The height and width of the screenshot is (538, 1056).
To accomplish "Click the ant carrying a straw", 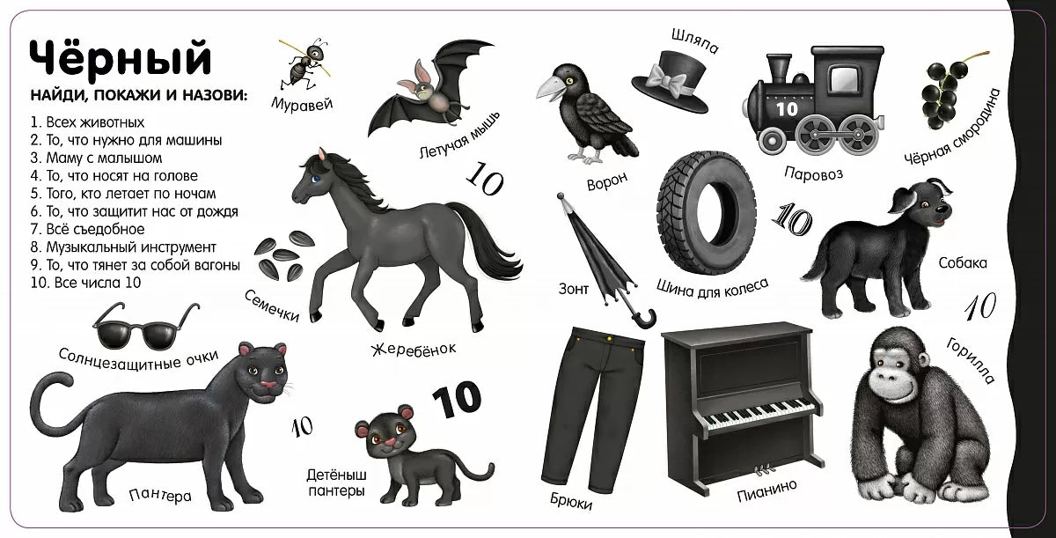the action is pos(304,65).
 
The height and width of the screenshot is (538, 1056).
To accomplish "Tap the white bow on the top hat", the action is pos(668,79).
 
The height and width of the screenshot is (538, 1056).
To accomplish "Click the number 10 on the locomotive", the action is pos(787,109).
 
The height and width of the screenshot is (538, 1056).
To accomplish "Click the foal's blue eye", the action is pos(315,179).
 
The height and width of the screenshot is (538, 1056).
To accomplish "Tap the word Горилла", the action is pos(970,361).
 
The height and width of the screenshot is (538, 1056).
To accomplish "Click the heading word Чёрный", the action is pos(121,57).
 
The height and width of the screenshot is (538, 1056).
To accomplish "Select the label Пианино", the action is pos(767,490).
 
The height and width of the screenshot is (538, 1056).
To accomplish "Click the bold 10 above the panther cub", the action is pos(456,400).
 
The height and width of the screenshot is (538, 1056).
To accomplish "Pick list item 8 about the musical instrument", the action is pos(123,247).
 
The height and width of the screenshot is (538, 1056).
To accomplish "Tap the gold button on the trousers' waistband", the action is pos(610,338).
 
